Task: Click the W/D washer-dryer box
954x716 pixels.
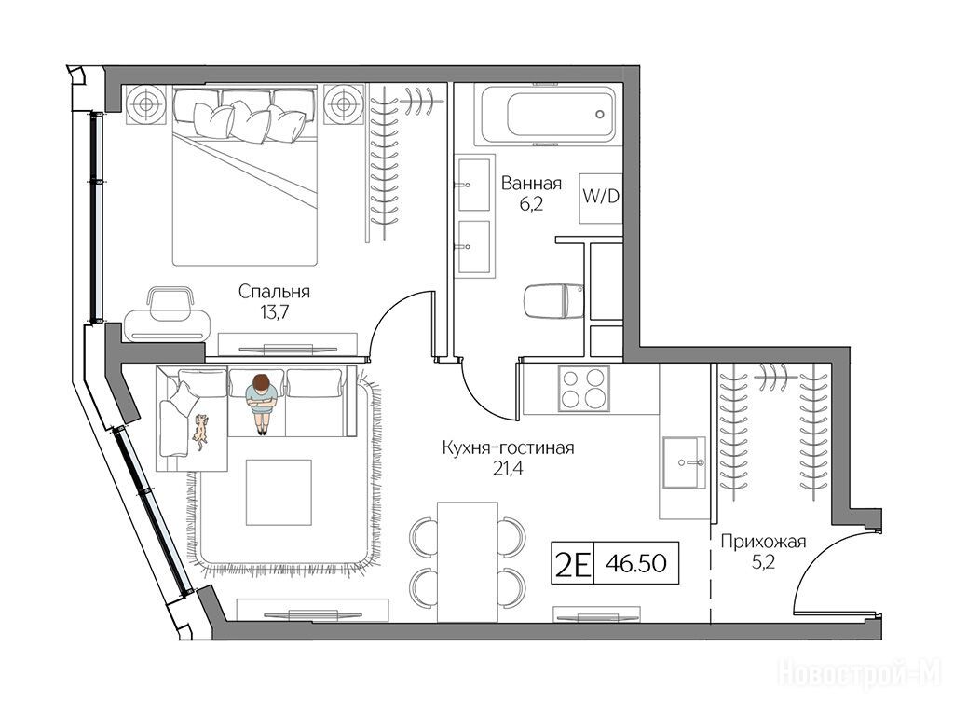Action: point(601,198)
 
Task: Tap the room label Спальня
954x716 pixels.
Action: point(274,292)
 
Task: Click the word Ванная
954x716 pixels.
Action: point(531,183)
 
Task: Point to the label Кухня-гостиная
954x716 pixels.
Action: point(508,448)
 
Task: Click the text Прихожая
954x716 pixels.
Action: point(764,541)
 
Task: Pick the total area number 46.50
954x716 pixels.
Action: point(636,563)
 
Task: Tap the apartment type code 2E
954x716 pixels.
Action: point(571,564)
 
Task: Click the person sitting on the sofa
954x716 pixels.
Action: point(262,403)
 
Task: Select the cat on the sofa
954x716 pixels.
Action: point(199,432)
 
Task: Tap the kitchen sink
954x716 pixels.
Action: point(685,462)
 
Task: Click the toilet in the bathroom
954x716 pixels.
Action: point(554,300)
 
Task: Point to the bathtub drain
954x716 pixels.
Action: point(599,114)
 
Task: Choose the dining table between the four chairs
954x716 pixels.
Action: point(468,562)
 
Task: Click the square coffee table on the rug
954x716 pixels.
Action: point(279,492)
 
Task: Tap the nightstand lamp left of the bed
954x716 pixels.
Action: point(146,104)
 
